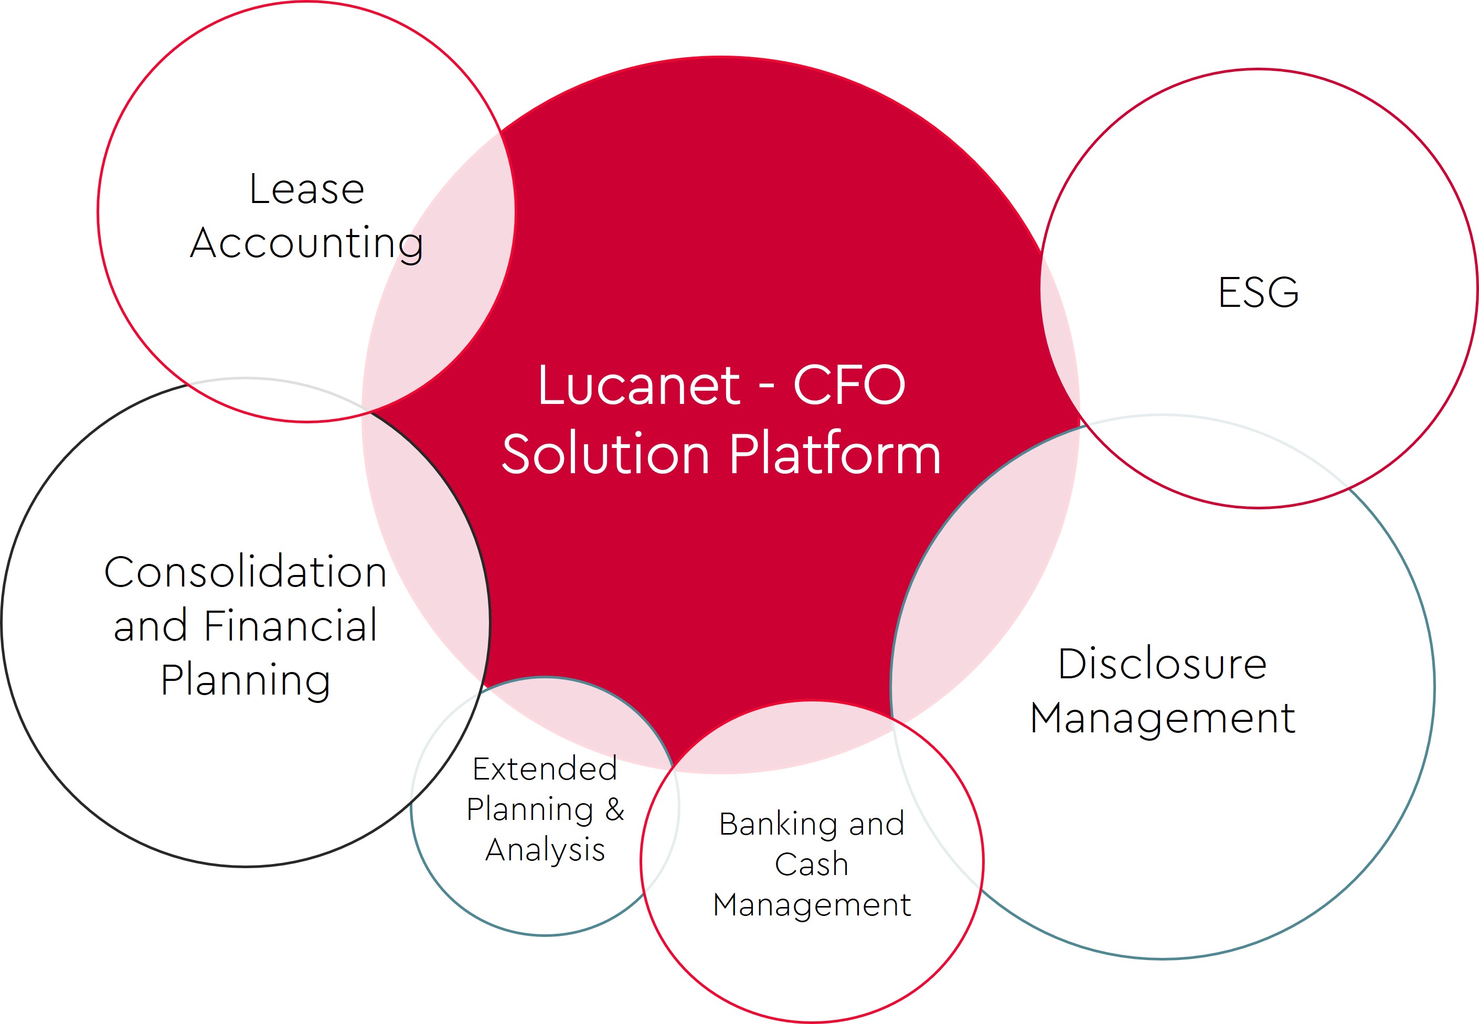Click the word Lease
(x=307, y=189)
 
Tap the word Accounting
(x=307, y=244)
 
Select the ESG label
(x=1258, y=293)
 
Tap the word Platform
(x=835, y=454)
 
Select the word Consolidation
(x=245, y=572)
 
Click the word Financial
(x=291, y=626)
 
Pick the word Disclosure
(x=1162, y=664)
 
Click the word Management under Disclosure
(x=1162, y=718)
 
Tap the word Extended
(x=545, y=769)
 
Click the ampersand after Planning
(x=615, y=809)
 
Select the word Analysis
(x=545, y=850)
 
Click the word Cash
(x=812, y=864)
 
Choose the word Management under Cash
(x=812, y=905)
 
